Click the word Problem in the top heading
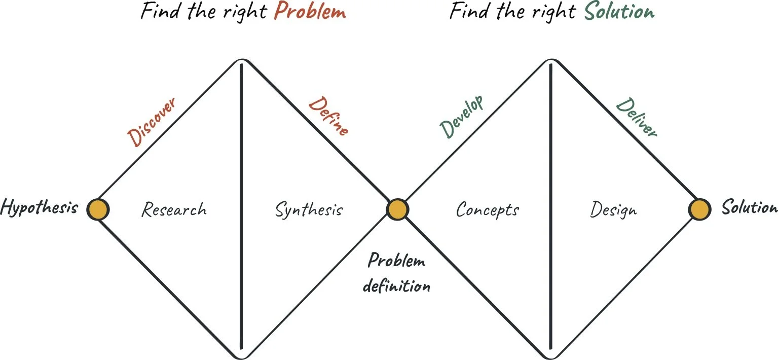point(310,11)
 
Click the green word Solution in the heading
point(619,11)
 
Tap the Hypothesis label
point(39,207)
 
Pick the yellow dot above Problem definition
point(397,209)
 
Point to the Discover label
point(153,122)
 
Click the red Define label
point(328,116)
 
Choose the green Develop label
point(462,116)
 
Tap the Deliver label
point(637,118)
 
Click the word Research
point(174,209)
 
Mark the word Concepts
point(488,209)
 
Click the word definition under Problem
point(397,286)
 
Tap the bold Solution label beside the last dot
point(749,207)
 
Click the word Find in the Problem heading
point(158,11)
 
